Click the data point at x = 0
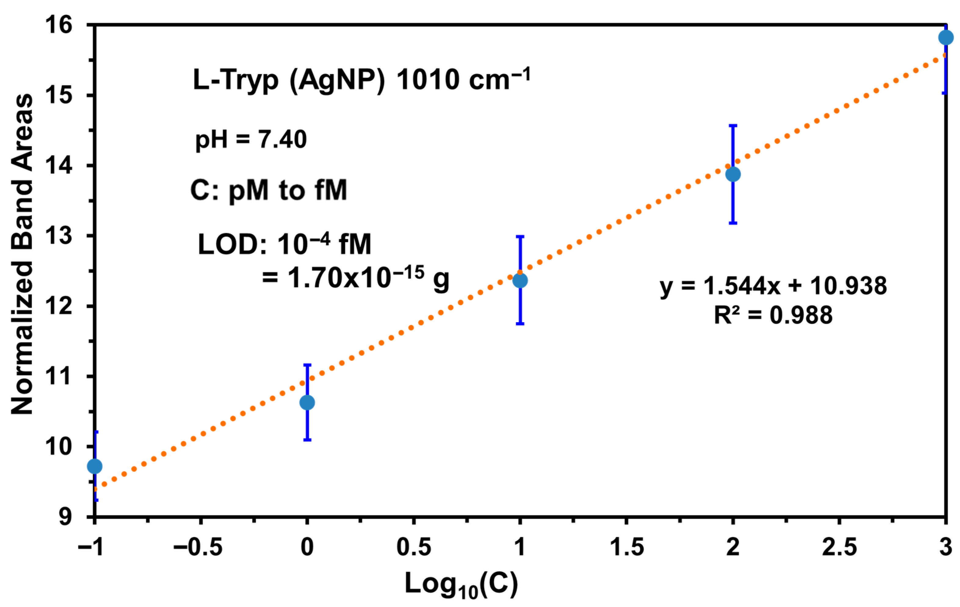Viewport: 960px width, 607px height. tap(307, 403)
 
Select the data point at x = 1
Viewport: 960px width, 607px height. tap(520, 280)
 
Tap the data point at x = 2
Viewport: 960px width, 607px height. tap(733, 174)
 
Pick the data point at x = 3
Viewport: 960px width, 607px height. tap(946, 38)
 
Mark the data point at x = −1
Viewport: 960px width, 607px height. tap(95, 466)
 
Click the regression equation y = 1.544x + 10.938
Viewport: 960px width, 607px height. tap(773, 286)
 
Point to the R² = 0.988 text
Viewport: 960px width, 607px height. tap(773, 315)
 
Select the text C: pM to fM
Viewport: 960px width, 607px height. tap(269, 190)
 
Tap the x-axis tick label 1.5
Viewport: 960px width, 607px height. tap(627, 547)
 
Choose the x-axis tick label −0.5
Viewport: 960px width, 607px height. tap(198, 547)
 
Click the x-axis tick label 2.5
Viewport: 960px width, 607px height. tap(839, 547)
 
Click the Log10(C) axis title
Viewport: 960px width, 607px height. tap(461, 585)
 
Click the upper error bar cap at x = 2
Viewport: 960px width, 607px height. tap(733, 125)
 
